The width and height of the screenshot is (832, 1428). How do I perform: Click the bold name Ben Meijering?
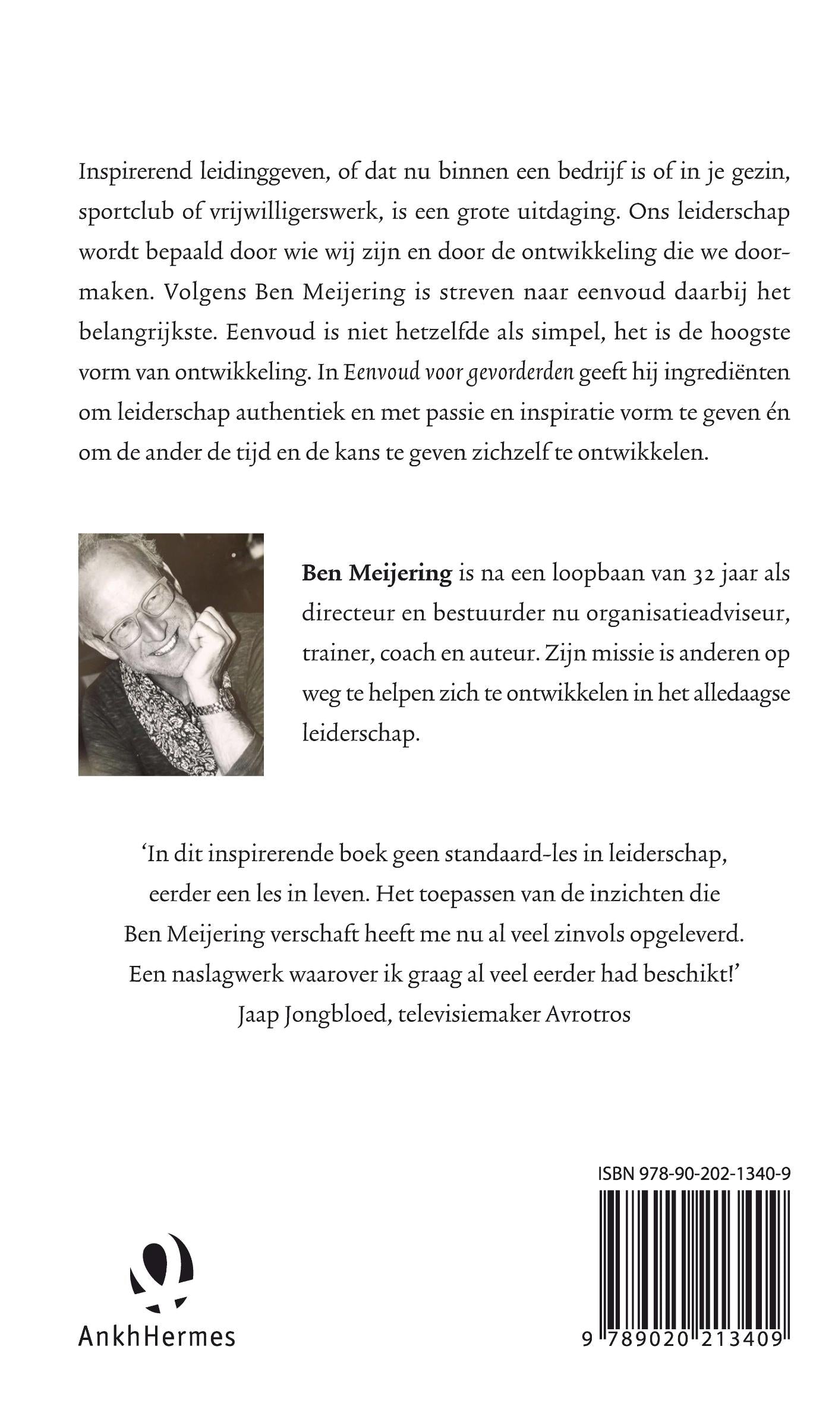coord(377,573)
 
